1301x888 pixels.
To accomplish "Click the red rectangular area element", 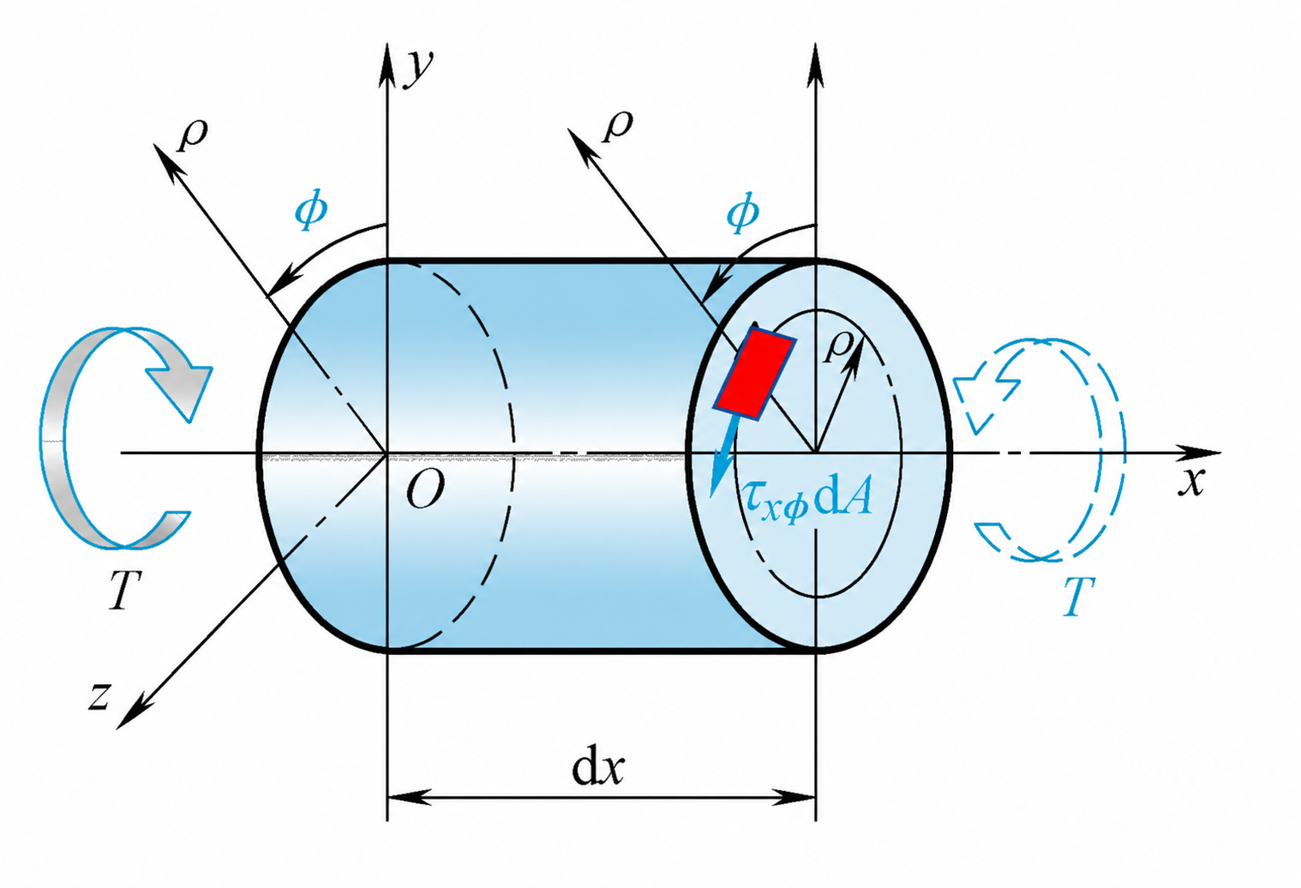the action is pos(754,373).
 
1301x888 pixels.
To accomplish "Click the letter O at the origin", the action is pos(425,489).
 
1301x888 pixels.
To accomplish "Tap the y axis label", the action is pos(418,68).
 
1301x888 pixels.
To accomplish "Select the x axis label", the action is pos(1191,481).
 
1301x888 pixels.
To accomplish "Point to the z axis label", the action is pos(100,695).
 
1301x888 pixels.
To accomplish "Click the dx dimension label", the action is pos(597,769).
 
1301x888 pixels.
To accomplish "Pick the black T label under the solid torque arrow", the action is pos(125,590).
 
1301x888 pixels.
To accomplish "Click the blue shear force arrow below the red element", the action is pos(724,457).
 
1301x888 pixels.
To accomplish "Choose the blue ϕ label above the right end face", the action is pos(743,213).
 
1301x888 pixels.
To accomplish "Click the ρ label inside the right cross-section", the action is pos(838,348).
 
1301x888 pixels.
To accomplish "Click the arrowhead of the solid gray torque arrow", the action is pos(180,389).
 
